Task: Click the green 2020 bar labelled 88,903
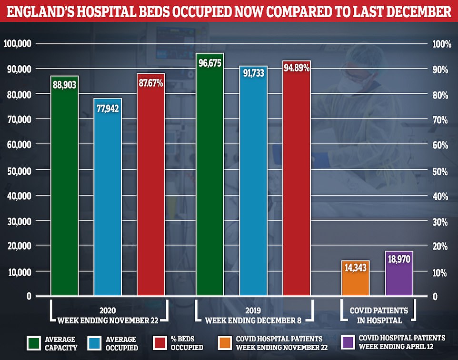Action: tap(64, 190)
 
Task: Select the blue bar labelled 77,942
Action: tap(108, 200)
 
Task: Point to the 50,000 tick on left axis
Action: tap(18, 170)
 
